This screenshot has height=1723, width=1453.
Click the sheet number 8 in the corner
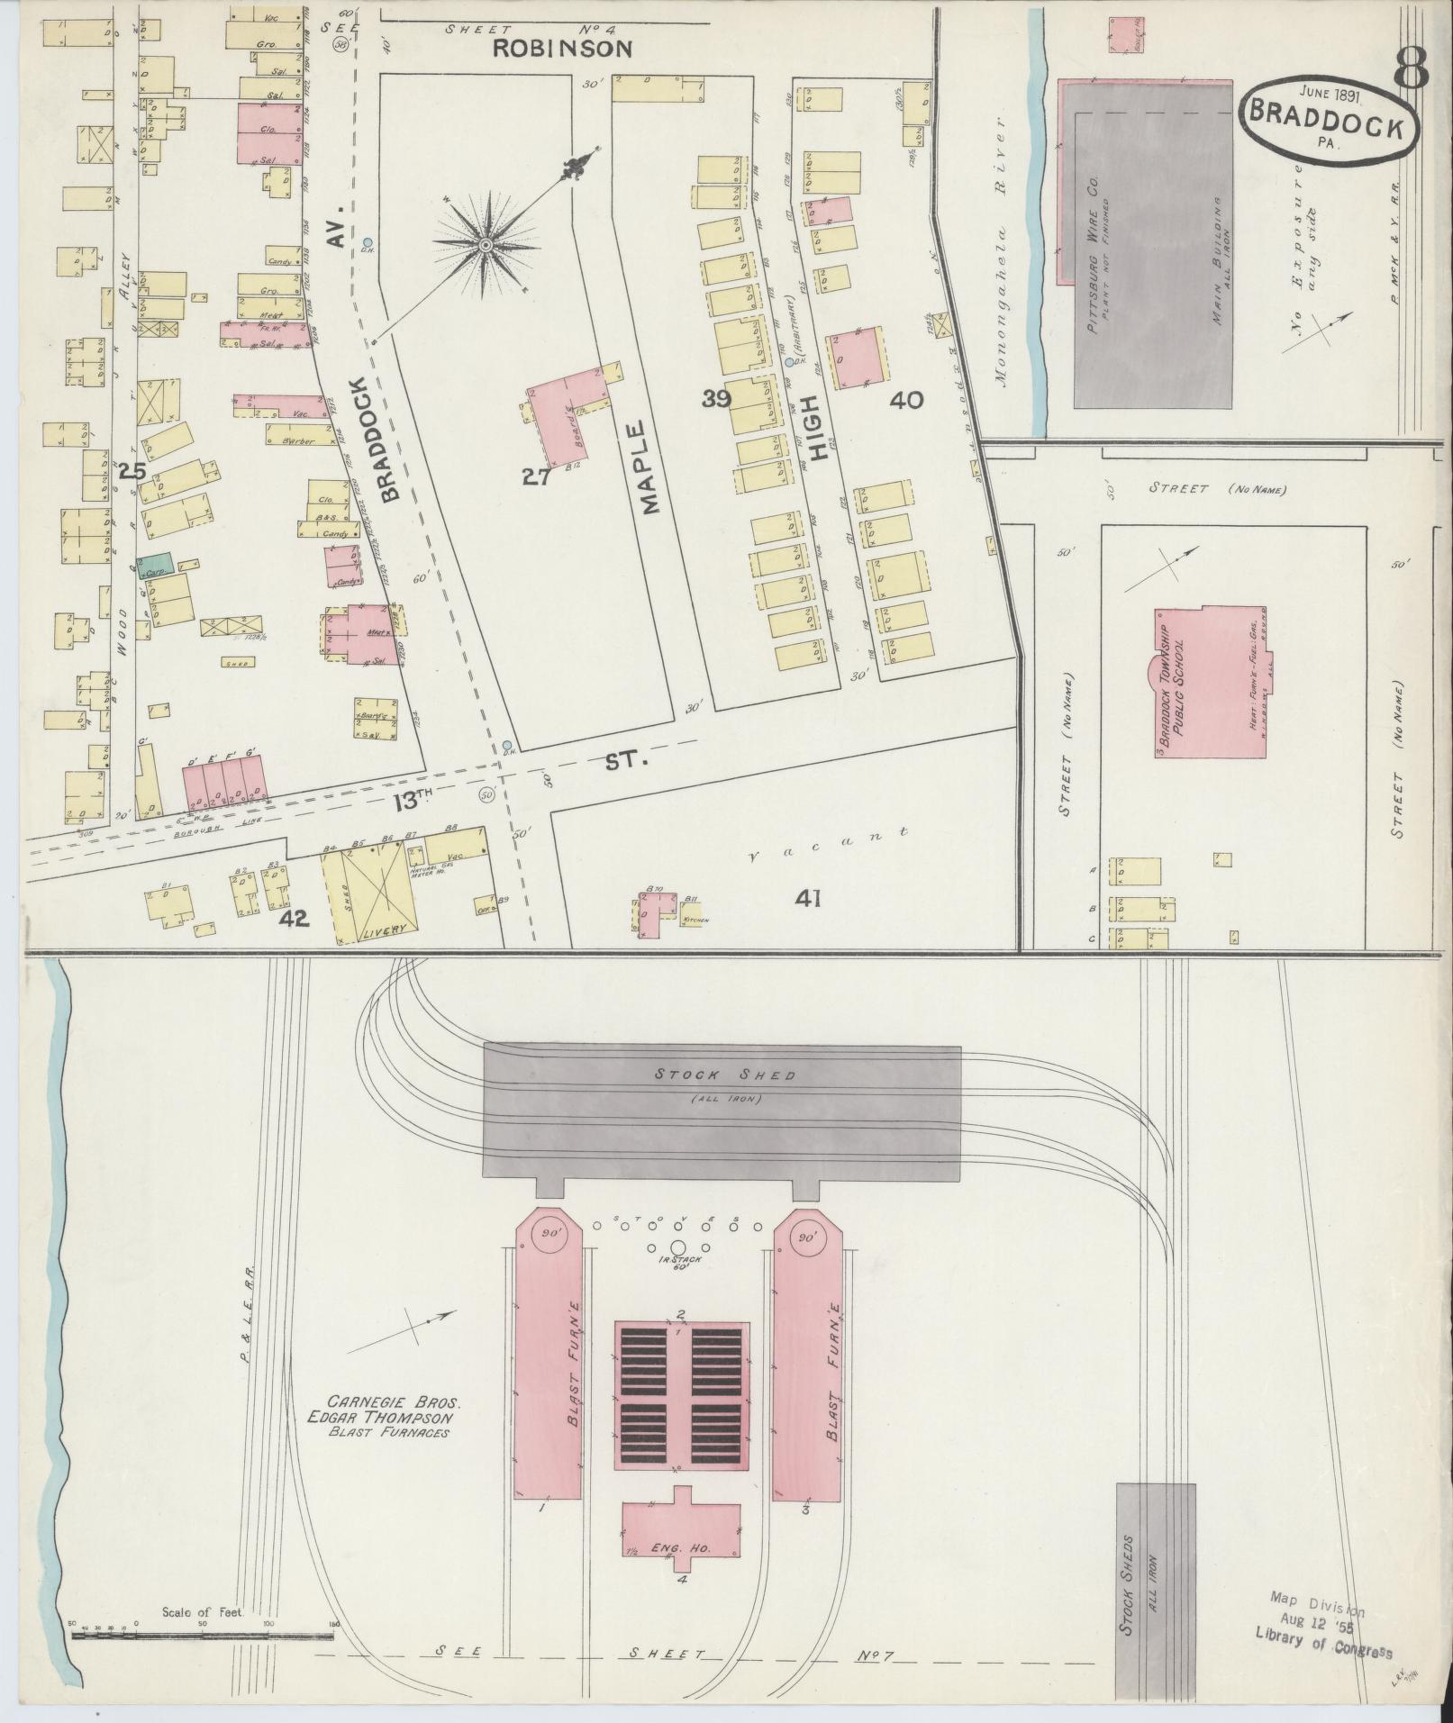tap(1412, 68)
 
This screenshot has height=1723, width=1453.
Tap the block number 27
tap(536, 477)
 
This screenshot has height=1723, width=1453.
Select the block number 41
tap(807, 898)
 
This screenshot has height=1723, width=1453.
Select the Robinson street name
tap(561, 49)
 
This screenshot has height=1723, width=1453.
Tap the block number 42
tap(294, 919)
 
